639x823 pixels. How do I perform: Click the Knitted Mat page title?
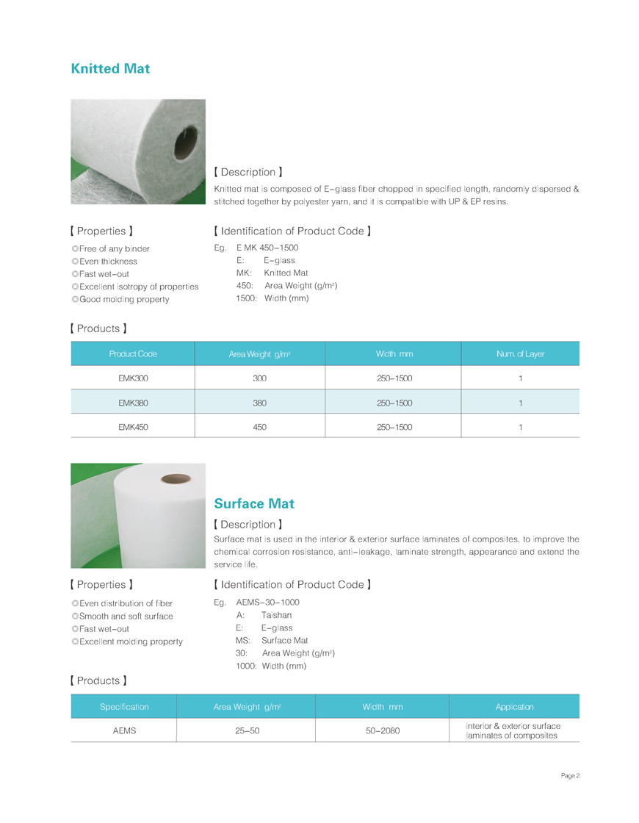(x=110, y=69)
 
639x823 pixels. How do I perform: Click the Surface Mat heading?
(x=253, y=503)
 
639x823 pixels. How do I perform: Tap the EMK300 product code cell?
(x=133, y=378)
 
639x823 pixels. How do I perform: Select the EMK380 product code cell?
(x=133, y=403)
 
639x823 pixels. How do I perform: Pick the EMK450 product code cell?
(x=133, y=426)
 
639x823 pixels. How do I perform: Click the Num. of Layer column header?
(x=520, y=354)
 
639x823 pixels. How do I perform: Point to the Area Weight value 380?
(x=259, y=403)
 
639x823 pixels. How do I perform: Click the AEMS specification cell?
(x=124, y=730)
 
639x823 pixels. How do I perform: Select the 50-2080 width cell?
(x=382, y=730)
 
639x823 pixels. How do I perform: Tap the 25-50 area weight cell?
(x=246, y=730)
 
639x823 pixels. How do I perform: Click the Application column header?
(x=514, y=707)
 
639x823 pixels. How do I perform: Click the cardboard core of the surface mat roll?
(x=176, y=479)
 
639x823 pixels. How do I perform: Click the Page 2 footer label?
(x=571, y=776)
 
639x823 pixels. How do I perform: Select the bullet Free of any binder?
(x=114, y=249)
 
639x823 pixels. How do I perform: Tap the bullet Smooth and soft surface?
(x=126, y=616)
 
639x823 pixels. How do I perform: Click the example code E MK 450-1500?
(x=267, y=248)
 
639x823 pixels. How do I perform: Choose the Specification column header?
(x=124, y=707)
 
